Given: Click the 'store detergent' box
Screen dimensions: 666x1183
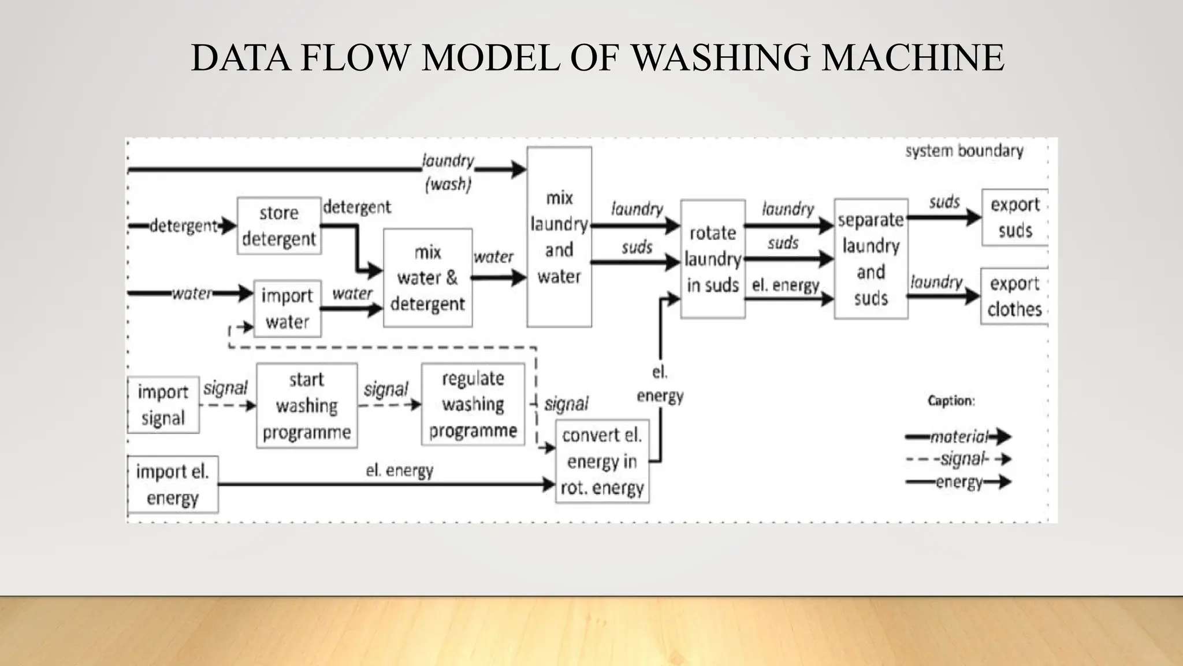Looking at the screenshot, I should point(279,226).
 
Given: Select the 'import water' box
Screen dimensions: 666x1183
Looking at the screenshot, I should point(287,309).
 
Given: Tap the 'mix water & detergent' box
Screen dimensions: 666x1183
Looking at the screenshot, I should point(427,278).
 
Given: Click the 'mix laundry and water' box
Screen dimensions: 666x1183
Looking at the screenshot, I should point(559,237).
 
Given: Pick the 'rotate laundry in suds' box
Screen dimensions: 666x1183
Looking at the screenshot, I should point(712,259).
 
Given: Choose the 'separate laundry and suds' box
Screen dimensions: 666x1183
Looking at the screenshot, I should point(870,259).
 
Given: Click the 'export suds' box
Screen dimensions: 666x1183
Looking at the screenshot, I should point(1015,217).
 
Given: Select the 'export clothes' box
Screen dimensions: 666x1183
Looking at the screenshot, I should point(1014,296).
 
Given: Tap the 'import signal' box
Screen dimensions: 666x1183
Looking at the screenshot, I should point(163,405).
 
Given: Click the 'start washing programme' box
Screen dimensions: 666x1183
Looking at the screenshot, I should point(307,406).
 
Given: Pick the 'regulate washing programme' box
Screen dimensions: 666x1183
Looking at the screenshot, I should point(473,404).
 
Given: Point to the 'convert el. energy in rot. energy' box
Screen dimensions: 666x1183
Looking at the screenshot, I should point(602,462).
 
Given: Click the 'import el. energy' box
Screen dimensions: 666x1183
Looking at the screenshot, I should point(172,484).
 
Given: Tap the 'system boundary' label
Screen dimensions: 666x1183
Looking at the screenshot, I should point(964,151).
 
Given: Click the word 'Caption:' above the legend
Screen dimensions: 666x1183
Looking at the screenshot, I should point(951,401).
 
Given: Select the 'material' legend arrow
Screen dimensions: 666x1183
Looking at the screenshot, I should point(958,436).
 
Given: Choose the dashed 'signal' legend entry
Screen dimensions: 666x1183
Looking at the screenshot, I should point(958,460).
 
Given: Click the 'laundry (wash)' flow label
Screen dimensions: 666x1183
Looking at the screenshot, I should point(448,172).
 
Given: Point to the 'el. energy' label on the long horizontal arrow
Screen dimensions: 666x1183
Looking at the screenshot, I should point(399,471).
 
